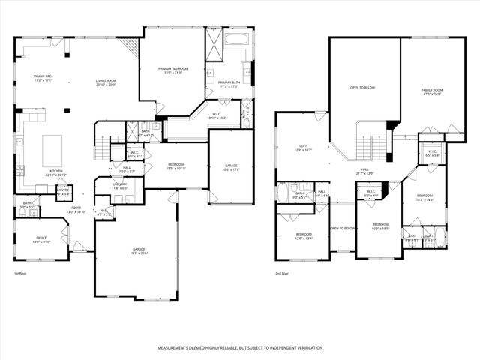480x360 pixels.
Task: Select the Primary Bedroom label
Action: pos(172,70)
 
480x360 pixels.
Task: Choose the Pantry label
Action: pos(63,191)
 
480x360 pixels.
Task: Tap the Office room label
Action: pos(41,239)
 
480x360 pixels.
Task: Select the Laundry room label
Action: pos(119,185)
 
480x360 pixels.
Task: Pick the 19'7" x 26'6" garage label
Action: pos(139,250)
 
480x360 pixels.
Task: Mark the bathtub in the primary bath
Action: pos(237,40)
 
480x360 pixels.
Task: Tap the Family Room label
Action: pos(433,91)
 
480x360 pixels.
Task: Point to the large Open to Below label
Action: pos(363,88)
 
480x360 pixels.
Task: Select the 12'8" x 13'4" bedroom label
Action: pos(302,237)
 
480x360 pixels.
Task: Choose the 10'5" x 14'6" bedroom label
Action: pos(425,198)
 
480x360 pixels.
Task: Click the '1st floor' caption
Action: pos(22,274)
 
